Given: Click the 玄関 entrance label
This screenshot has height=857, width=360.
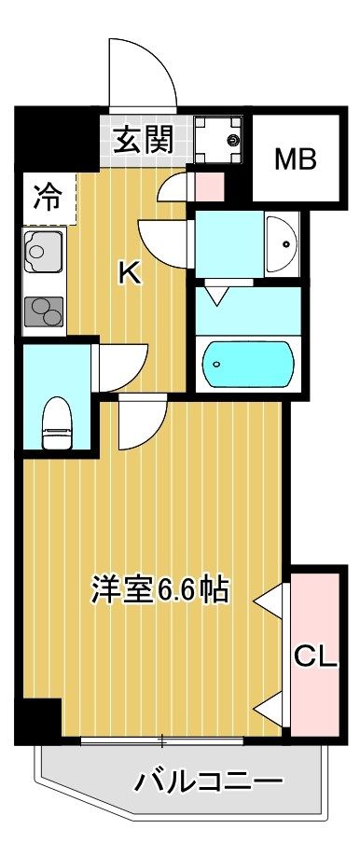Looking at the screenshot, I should [143, 141].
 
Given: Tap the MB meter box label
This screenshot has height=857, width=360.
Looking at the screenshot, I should [295, 158].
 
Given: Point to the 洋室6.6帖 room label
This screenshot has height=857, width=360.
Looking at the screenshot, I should [159, 589].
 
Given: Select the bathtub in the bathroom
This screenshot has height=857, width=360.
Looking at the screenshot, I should [249, 360].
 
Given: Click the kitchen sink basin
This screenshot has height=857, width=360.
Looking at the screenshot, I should [40, 253].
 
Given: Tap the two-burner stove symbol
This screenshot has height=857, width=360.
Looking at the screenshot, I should [41, 310].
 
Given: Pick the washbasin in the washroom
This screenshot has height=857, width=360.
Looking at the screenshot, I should [283, 242].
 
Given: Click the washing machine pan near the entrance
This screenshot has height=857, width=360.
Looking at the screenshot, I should [219, 138].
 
